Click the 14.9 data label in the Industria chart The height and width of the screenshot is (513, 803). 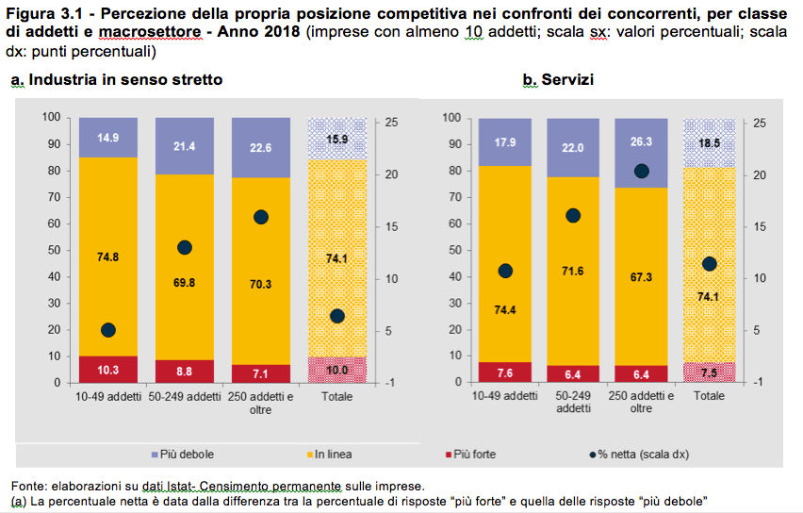(107, 138)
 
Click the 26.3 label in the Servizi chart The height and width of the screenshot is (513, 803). (641, 142)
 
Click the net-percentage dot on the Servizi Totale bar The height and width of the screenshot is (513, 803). (710, 264)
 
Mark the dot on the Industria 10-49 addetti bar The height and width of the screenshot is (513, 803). (107, 330)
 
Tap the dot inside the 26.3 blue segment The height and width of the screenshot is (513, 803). (641, 171)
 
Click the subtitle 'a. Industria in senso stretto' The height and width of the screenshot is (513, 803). (117, 80)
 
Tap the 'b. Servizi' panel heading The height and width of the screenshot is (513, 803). (558, 80)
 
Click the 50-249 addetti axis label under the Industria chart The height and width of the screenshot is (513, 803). (184, 397)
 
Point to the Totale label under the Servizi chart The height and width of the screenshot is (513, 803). (710, 397)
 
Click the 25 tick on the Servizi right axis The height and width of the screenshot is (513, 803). (760, 124)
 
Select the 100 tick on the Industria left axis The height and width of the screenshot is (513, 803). (51, 117)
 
